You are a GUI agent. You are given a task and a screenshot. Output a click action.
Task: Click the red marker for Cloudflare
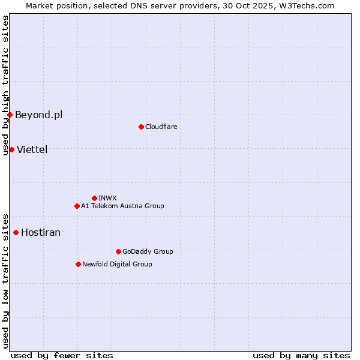[x=141, y=127]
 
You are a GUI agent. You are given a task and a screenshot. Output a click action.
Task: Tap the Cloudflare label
[x=161, y=127]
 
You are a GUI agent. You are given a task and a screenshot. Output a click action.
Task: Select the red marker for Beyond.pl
[x=10, y=115]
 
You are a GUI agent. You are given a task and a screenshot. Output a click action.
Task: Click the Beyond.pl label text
[x=38, y=115]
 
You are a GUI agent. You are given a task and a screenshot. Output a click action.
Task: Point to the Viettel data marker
[x=11, y=149]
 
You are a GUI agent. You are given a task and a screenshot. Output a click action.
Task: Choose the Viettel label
[x=32, y=149]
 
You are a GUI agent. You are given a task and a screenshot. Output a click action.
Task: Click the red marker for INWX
[x=94, y=198]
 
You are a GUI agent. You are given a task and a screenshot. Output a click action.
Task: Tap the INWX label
[x=107, y=198]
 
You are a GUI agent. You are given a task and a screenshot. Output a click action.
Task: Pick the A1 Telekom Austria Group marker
[x=77, y=206]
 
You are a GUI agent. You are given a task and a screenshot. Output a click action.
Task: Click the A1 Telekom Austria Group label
[x=122, y=206]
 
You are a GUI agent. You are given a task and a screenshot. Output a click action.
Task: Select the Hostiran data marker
[x=16, y=232]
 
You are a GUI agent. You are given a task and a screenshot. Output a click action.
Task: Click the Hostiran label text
[x=41, y=232]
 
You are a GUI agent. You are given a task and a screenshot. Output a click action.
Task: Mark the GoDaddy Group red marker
[x=118, y=251]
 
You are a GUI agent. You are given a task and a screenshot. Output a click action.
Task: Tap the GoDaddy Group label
[x=148, y=251]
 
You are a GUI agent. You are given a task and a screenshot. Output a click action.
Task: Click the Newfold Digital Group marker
[x=78, y=264]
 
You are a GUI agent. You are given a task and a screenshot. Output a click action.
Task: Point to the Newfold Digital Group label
[x=117, y=264]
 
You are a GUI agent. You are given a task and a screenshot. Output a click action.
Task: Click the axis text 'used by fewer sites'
[x=62, y=355]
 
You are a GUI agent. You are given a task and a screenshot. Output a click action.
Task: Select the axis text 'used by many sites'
[x=301, y=355]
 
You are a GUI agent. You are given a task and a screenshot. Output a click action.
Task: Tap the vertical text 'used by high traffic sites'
[x=5, y=85]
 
